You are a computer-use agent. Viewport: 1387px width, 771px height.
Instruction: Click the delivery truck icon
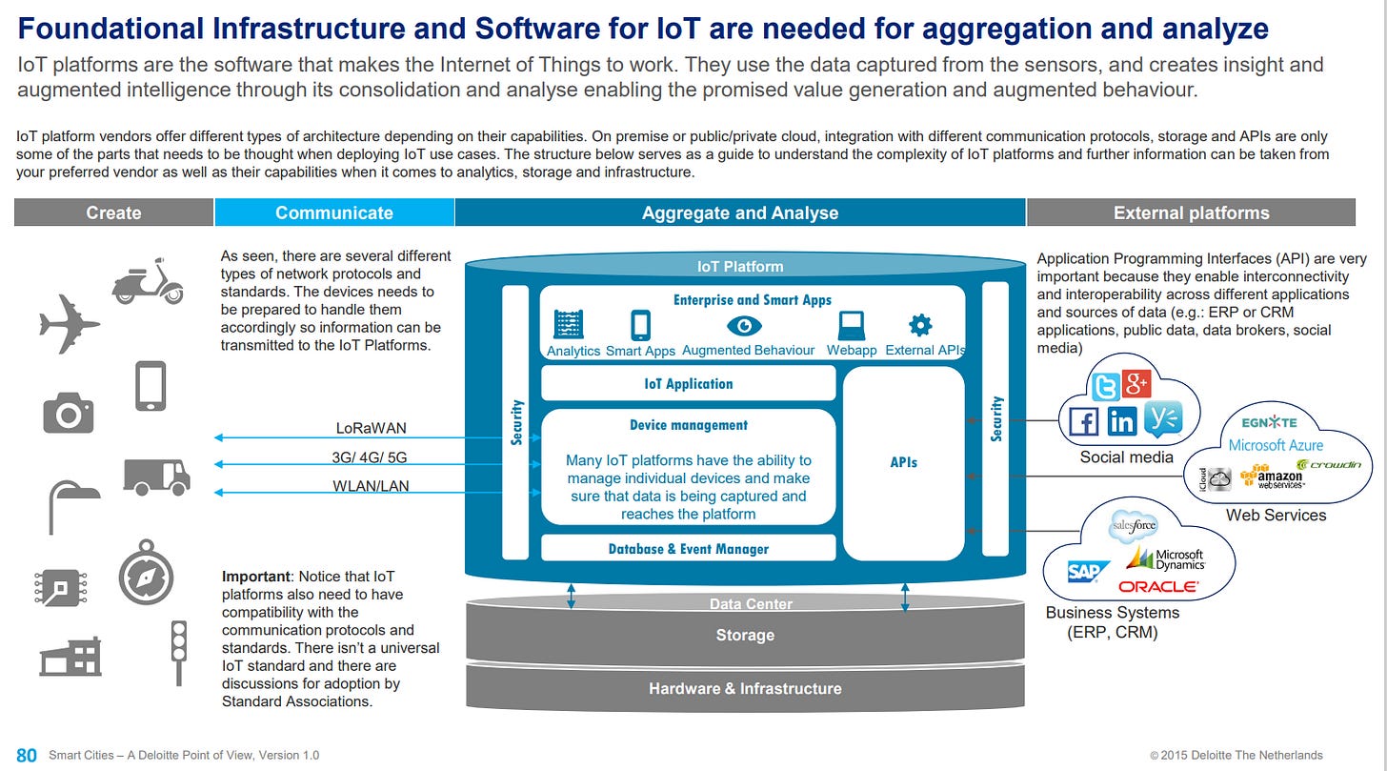coord(156,476)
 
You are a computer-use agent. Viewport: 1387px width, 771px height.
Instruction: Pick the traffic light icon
coord(177,652)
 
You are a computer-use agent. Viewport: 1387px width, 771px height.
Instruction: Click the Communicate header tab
coord(333,213)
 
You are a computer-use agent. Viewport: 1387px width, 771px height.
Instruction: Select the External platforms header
coord(1191,213)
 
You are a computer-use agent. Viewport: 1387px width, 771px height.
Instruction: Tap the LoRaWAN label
coord(372,428)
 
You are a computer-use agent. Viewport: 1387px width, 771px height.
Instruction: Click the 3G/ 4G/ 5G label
coord(370,457)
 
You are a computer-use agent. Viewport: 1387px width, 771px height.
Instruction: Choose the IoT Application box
coord(688,384)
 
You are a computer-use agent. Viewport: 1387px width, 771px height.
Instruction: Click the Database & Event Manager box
coord(688,548)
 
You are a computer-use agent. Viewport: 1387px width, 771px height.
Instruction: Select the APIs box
coord(903,462)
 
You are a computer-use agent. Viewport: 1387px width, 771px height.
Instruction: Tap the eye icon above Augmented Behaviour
coord(744,326)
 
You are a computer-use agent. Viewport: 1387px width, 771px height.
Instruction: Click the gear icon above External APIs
coord(919,326)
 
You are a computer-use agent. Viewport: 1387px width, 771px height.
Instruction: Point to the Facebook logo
coord(1083,421)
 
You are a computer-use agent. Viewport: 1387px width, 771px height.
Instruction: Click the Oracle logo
coord(1158,587)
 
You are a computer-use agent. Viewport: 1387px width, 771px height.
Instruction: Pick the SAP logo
coord(1087,572)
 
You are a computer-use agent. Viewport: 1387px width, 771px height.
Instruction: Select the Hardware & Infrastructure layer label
coord(745,688)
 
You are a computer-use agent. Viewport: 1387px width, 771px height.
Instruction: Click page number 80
coord(27,755)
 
